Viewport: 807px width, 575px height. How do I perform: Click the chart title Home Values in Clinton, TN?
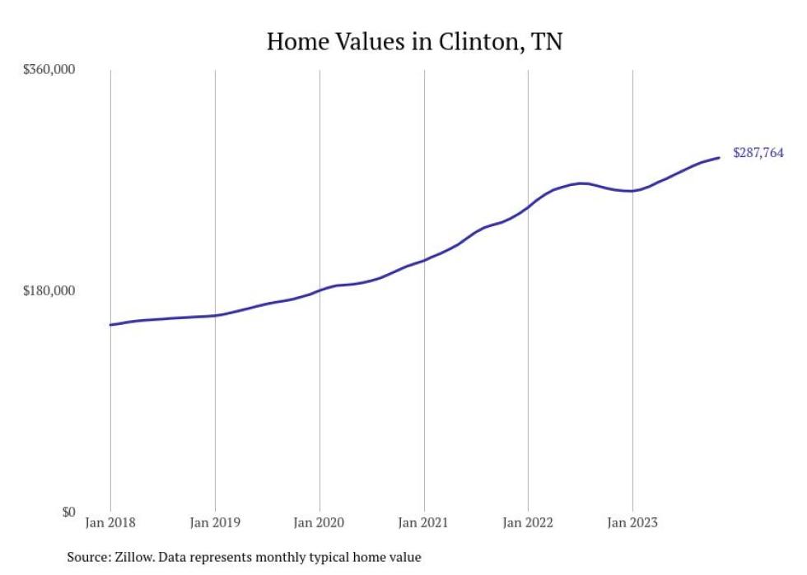pos(414,41)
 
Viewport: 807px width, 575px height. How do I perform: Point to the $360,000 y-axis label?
pos(48,70)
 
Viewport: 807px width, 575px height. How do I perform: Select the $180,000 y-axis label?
pos(48,290)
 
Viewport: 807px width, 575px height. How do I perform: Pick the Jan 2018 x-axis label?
pos(110,522)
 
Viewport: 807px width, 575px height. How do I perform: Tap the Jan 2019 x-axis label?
pos(215,522)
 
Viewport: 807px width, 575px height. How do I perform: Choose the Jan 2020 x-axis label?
pos(320,522)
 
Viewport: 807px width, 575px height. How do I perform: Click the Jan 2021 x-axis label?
pos(423,522)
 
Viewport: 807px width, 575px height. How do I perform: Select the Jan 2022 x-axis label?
pos(528,522)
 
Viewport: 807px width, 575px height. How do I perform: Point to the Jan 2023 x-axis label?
pos(632,522)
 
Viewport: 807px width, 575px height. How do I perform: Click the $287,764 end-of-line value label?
pos(758,153)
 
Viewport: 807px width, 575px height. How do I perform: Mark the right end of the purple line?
pos(720,157)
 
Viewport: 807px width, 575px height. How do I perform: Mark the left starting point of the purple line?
pos(110,325)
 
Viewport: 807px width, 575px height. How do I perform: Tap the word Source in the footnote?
pos(86,557)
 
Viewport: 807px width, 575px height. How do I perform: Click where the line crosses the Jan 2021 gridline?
pos(424,260)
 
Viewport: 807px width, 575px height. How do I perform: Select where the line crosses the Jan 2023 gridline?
pos(632,191)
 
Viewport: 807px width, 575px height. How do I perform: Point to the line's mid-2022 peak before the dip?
pos(581,183)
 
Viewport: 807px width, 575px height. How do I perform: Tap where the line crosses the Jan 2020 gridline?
pos(320,290)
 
